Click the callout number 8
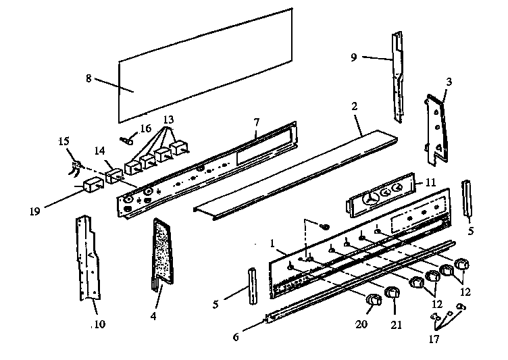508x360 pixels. [88, 78]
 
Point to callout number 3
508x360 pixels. [449, 82]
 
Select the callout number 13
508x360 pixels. [169, 119]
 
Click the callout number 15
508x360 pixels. [64, 141]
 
